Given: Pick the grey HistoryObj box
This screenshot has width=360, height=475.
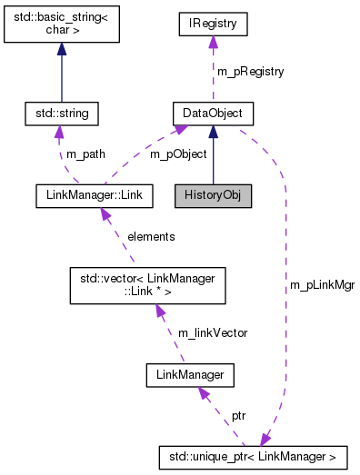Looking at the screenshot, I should pyautogui.click(x=213, y=194).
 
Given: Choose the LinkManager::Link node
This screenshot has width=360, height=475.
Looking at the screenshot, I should pyautogui.click(x=91, y=194).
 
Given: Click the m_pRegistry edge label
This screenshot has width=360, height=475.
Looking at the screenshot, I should pyautogui.click(x=250, y=71).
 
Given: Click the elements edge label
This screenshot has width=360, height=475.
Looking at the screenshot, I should pyautogui.click(x=150, y=236).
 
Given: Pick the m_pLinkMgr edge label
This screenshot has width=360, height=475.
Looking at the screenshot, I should pyautogui.click(x=322, y=284).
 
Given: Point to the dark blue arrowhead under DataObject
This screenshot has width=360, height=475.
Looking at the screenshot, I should pyautogui.click(x=213, y=133).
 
